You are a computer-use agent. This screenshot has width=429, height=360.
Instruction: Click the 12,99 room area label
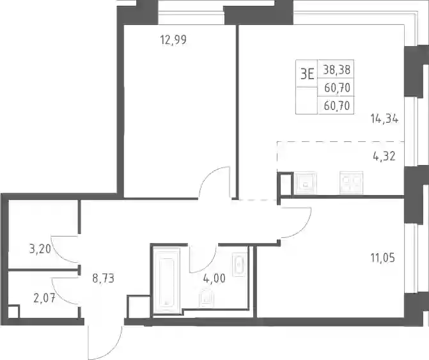click(173, 40)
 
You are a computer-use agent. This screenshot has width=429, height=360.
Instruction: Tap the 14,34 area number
click(384, 119)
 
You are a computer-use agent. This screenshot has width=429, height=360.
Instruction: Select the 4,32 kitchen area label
click(384, 157)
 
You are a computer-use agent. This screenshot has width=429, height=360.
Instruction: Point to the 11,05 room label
click(383, 258)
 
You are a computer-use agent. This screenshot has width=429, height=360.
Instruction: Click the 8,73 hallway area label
click(103, 279)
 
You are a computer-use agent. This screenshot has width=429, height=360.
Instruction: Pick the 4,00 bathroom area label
click(214, 279)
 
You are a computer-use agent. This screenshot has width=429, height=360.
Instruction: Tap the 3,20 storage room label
click(40, 249)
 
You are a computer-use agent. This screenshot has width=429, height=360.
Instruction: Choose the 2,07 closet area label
click(44, 298)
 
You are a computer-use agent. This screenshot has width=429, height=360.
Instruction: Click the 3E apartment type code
click(307, 74)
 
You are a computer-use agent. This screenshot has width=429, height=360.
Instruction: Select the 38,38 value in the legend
click(336, 70)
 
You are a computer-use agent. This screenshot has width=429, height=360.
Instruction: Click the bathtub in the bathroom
click(166, 281)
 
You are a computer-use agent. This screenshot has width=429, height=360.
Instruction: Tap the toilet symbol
click(207, 297)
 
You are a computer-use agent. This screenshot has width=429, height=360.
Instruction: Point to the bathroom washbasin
click(239, 265)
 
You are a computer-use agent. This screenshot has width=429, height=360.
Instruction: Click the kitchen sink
click(306, 182)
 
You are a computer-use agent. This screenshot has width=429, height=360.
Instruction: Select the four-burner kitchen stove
click(351, 182)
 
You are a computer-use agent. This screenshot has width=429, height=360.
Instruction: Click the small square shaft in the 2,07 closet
click(13, 312)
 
